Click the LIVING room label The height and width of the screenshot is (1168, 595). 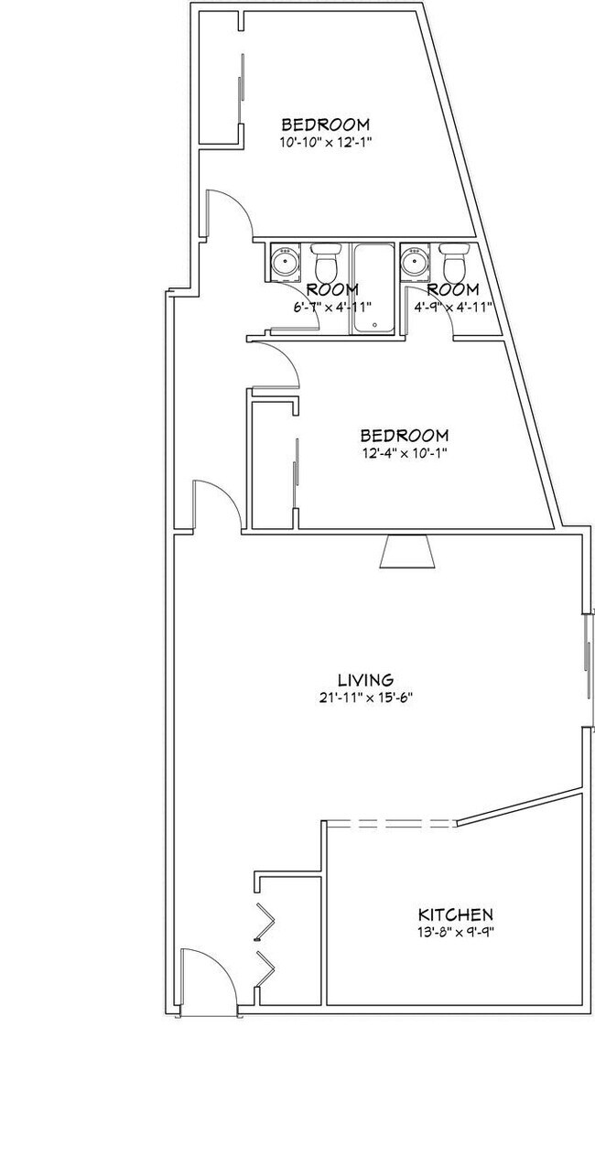coord(365,680)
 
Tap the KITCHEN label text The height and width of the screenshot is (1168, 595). coord(456,914)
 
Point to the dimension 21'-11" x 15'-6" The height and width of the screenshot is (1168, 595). coord(365,697)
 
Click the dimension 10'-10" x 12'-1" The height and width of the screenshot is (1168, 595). coord(325,142)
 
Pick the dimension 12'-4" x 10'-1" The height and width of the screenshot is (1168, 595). coord(404,452)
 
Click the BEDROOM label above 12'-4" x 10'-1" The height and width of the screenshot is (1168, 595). coord(404,435)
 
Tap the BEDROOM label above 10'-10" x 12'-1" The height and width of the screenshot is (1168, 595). coord(325,124)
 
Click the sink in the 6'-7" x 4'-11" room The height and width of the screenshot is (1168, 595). coord(286,262)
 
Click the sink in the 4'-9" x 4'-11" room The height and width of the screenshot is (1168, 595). coord(416,262)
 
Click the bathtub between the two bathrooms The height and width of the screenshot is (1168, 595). coord(373,288)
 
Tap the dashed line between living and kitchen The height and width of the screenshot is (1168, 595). coord(390,824)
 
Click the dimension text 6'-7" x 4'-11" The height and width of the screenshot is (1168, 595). coord(331,307)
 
